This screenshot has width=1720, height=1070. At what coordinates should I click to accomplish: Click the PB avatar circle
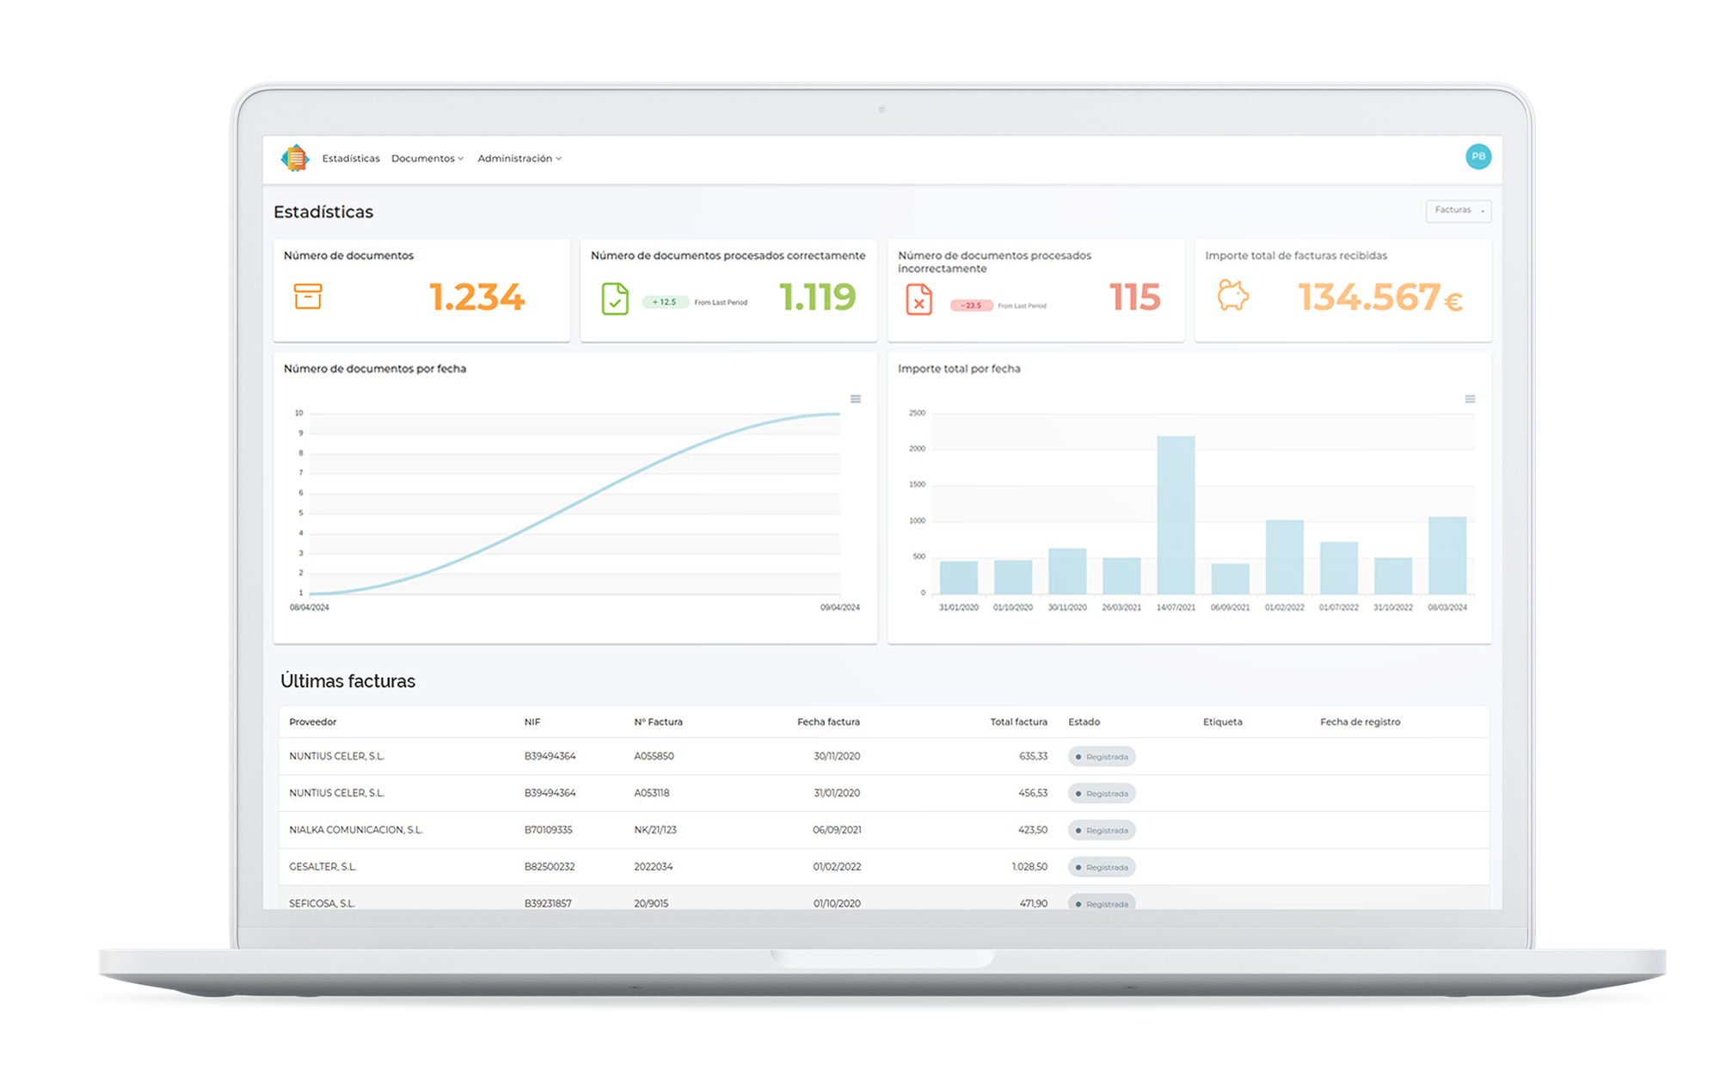click(x=1477, y=157)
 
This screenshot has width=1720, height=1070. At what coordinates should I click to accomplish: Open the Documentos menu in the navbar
click(x=427, y=158)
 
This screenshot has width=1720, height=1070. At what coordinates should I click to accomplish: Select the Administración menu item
click(x=519, y=158)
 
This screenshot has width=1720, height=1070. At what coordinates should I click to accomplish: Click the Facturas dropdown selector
click(x=1458, y=211)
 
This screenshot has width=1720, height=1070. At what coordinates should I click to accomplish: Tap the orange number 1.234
click(x=476, y=298)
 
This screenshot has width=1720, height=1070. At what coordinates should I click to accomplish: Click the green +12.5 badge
click(x=665, y=302)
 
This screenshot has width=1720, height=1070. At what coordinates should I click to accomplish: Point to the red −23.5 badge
click(x=971, y=305)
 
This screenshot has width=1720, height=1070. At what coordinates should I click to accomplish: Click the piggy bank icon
click(x=1232, y=296)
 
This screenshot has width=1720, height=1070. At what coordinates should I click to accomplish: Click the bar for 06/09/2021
click(x=1230, y=578)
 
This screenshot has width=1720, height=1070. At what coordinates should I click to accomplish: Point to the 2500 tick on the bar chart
click(x=917, y=413)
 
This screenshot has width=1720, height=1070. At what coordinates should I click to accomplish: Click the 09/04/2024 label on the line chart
click(x=839, y=607)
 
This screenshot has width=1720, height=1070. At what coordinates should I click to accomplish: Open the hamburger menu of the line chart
click(x=856, y=399)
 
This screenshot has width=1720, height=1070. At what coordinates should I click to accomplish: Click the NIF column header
click(x=532, y=722)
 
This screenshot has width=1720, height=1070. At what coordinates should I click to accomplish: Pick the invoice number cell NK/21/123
click(x=655, y=830)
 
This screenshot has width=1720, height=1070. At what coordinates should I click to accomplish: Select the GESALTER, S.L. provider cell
click(x=322, y=867)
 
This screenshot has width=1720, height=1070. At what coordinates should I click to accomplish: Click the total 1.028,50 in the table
click(x=1029, y=867)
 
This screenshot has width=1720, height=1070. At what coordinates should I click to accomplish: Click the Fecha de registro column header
click(x=1360, y=722)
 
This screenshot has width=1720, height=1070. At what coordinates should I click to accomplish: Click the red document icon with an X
click(x=918, y=299)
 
